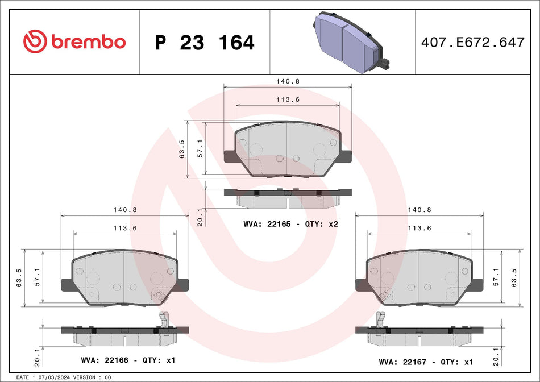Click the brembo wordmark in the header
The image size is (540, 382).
point(88,41)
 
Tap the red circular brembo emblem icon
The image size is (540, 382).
point(35,41)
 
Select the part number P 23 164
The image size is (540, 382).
point(205,43)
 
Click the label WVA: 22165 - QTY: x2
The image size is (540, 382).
point(290,224)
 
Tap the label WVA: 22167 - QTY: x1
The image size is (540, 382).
point(426,362)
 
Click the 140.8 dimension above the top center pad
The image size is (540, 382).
point(288,81)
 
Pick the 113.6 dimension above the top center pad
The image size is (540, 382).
point(288,99)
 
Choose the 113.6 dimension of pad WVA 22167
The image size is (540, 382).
point(419,227)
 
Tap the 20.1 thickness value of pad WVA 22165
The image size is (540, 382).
point(199,218)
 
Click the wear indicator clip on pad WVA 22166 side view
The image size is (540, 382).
point(165,319)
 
